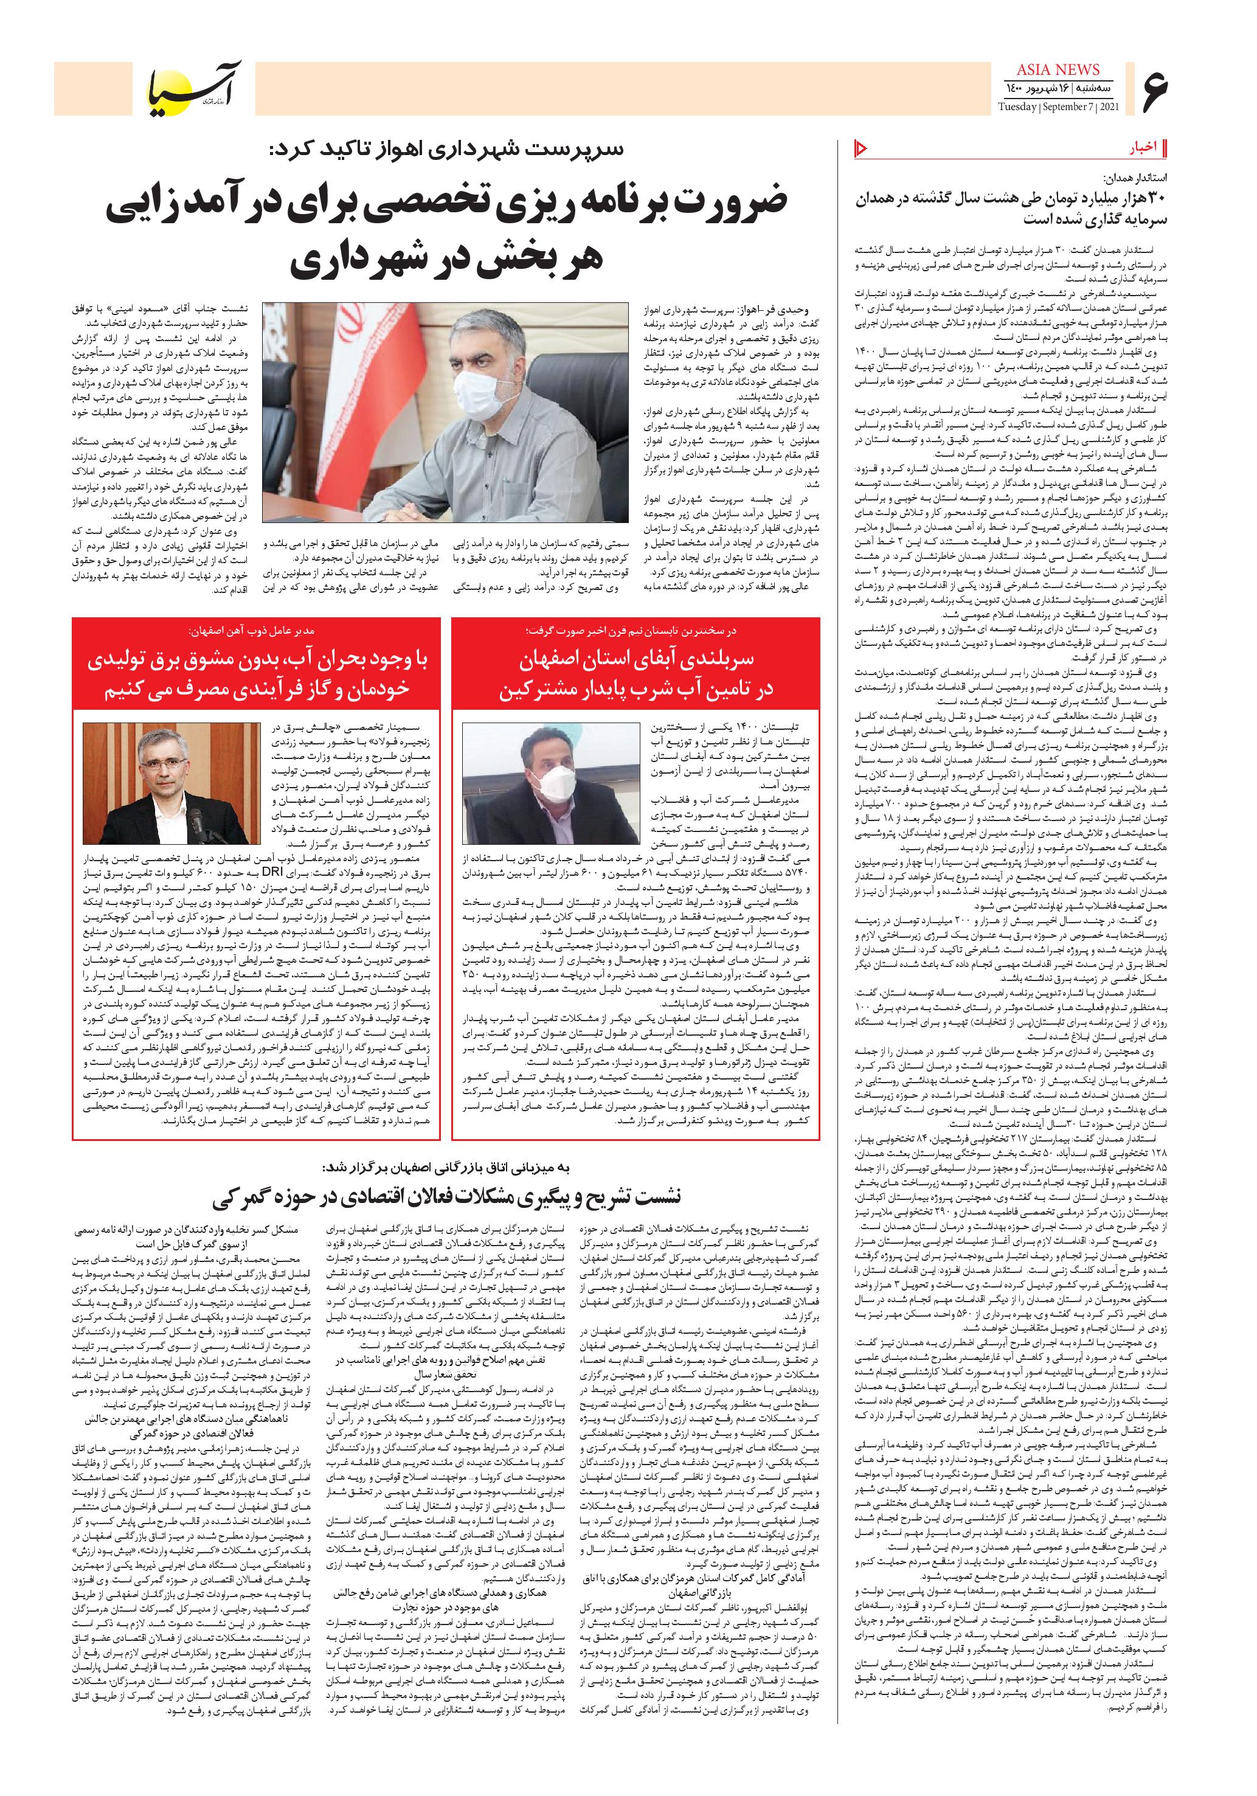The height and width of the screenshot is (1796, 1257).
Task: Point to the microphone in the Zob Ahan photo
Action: pyautogui.click(x=197, y=827)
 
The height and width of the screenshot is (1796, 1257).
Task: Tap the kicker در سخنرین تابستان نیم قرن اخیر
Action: pyautogui.click(x=635, y=629)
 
